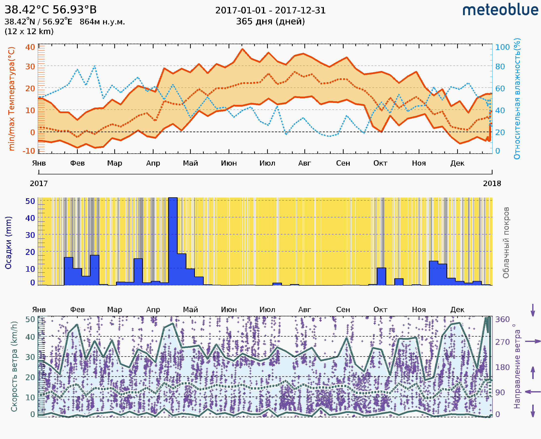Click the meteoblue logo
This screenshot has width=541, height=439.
(500, 10)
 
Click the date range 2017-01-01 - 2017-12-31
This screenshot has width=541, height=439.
(270, 10)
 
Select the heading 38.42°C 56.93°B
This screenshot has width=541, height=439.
(50, 10)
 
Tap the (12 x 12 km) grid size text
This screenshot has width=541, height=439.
(29, 32)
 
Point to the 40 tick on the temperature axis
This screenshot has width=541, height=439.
(30, 47)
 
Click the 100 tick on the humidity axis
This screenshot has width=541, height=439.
(502, 47)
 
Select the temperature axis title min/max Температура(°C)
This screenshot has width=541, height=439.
(11, 99)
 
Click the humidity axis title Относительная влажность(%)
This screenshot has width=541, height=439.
(517, 99)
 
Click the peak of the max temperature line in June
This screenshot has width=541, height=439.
(242, 49)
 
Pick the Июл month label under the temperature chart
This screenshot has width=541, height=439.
(267, 163)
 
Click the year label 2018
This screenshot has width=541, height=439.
(492, 184)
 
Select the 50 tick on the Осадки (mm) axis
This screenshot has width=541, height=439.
(30, 201)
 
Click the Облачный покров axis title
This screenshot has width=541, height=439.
(506, 243)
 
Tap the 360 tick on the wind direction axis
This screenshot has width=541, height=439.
(502, 319)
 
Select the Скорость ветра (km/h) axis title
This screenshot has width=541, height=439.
(14, 367)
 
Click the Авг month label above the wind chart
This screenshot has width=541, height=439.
(304, 310)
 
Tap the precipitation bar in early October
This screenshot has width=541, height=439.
(381, 277)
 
